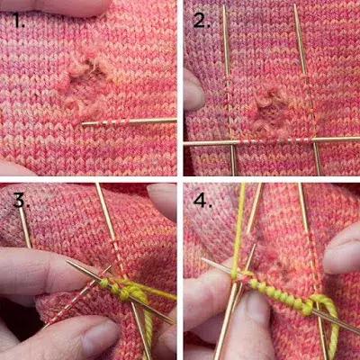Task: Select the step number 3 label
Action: pos(21,200)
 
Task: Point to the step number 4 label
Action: pos(202,200)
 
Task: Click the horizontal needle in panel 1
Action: pos(129,121)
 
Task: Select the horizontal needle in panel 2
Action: pos(272,141)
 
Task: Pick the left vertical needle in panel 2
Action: pos(229,90)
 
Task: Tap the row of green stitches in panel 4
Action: pos(279,295)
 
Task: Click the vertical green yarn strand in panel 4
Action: pos(239,231)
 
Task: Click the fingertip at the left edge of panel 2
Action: pos(194,90)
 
